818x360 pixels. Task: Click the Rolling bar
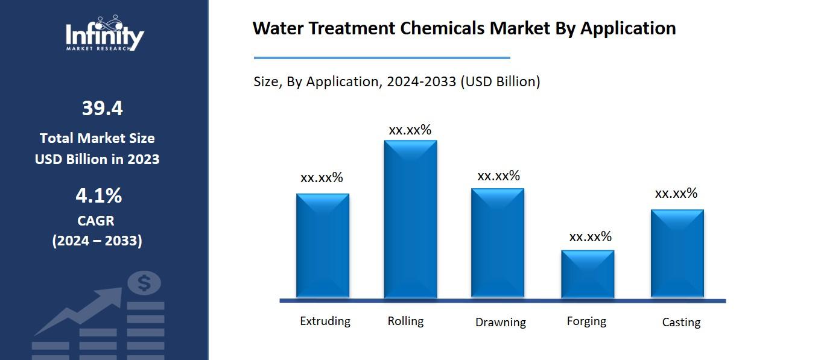click(410, 219)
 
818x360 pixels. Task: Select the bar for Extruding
click(322, 246)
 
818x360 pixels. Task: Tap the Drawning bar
click(497, 243)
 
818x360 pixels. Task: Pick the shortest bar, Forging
click(587, 274)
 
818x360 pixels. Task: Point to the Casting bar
click(677, 253)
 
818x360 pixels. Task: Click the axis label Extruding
click(325, 321)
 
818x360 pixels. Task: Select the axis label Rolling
click(405, 321)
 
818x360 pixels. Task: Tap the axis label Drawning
click(500, 322)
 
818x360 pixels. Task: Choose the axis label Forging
click(586, 321)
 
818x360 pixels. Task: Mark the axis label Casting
click(681, 322)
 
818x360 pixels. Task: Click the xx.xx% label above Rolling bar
click(410, 130)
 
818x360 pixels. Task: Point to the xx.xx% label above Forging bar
click(590, 236)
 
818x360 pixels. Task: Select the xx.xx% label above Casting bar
click(676, 193)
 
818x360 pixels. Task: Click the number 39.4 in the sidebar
click(102, 109)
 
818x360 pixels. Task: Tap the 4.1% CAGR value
click(98, 196)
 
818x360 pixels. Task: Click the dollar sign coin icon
click(144, 282)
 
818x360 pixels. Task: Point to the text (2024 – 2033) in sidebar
click(97, 241)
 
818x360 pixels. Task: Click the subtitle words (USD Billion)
click(500, 81)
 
